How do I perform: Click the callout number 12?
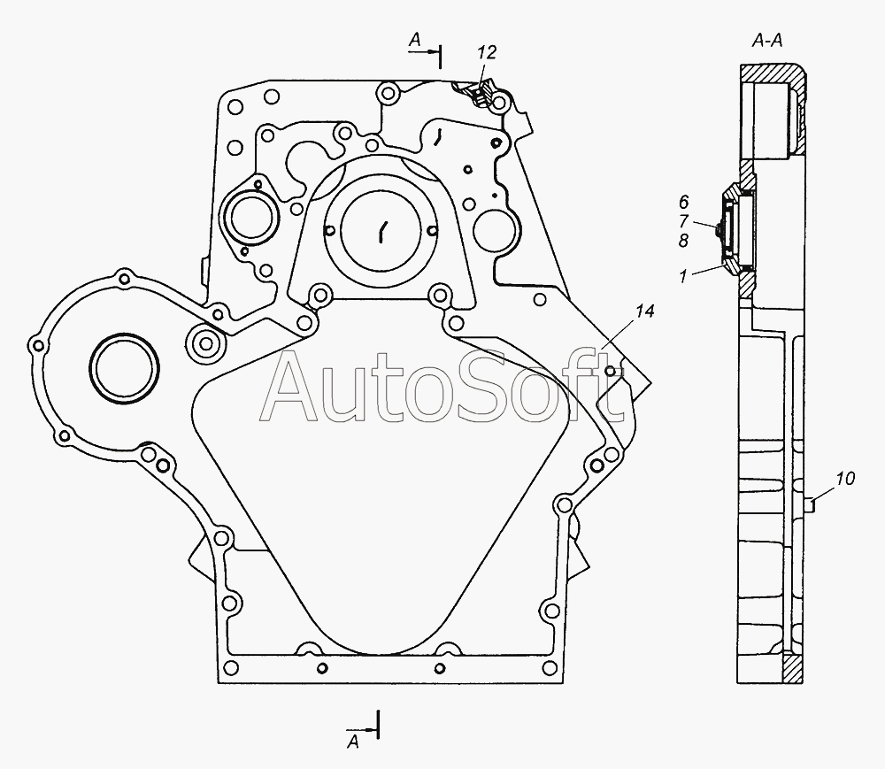[487, 52]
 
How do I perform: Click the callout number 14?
[644, 311]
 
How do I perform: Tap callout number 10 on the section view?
[845, 479]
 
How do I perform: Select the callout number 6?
[683, 202]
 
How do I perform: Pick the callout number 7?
[683, 220]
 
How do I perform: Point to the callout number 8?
[683, 241]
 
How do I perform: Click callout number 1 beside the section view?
[683, 276]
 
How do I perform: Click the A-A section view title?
[767, 41]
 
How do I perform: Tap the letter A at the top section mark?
[415, 40]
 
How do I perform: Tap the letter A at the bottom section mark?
[353, 742]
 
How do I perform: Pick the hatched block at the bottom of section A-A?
[794, 669]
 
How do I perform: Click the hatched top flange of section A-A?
[773, 74]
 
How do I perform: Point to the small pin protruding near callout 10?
[810, 504]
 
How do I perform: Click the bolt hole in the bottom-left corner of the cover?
[230, 668]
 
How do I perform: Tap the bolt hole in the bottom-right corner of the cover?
[549, 668]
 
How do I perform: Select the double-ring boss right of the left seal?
[204, 343]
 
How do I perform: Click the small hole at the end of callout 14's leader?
[610, 372]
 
